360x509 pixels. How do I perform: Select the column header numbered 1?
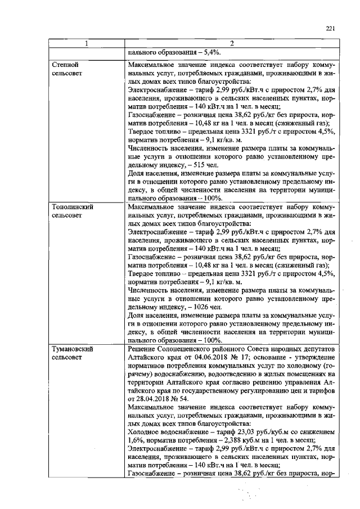coord(86,44)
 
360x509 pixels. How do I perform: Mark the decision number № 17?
coord(245,357)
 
